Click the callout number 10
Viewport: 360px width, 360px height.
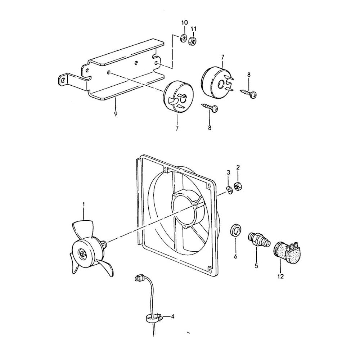pos(184,23)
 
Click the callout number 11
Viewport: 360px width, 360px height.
pos(193,28)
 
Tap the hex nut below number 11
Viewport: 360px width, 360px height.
pos(193,41)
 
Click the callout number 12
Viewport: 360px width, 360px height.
pos(280,276)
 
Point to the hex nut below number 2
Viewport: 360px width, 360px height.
pos(238,186)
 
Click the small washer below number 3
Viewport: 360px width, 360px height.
pos(229,189)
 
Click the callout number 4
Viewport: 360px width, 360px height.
pos(172,317)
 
